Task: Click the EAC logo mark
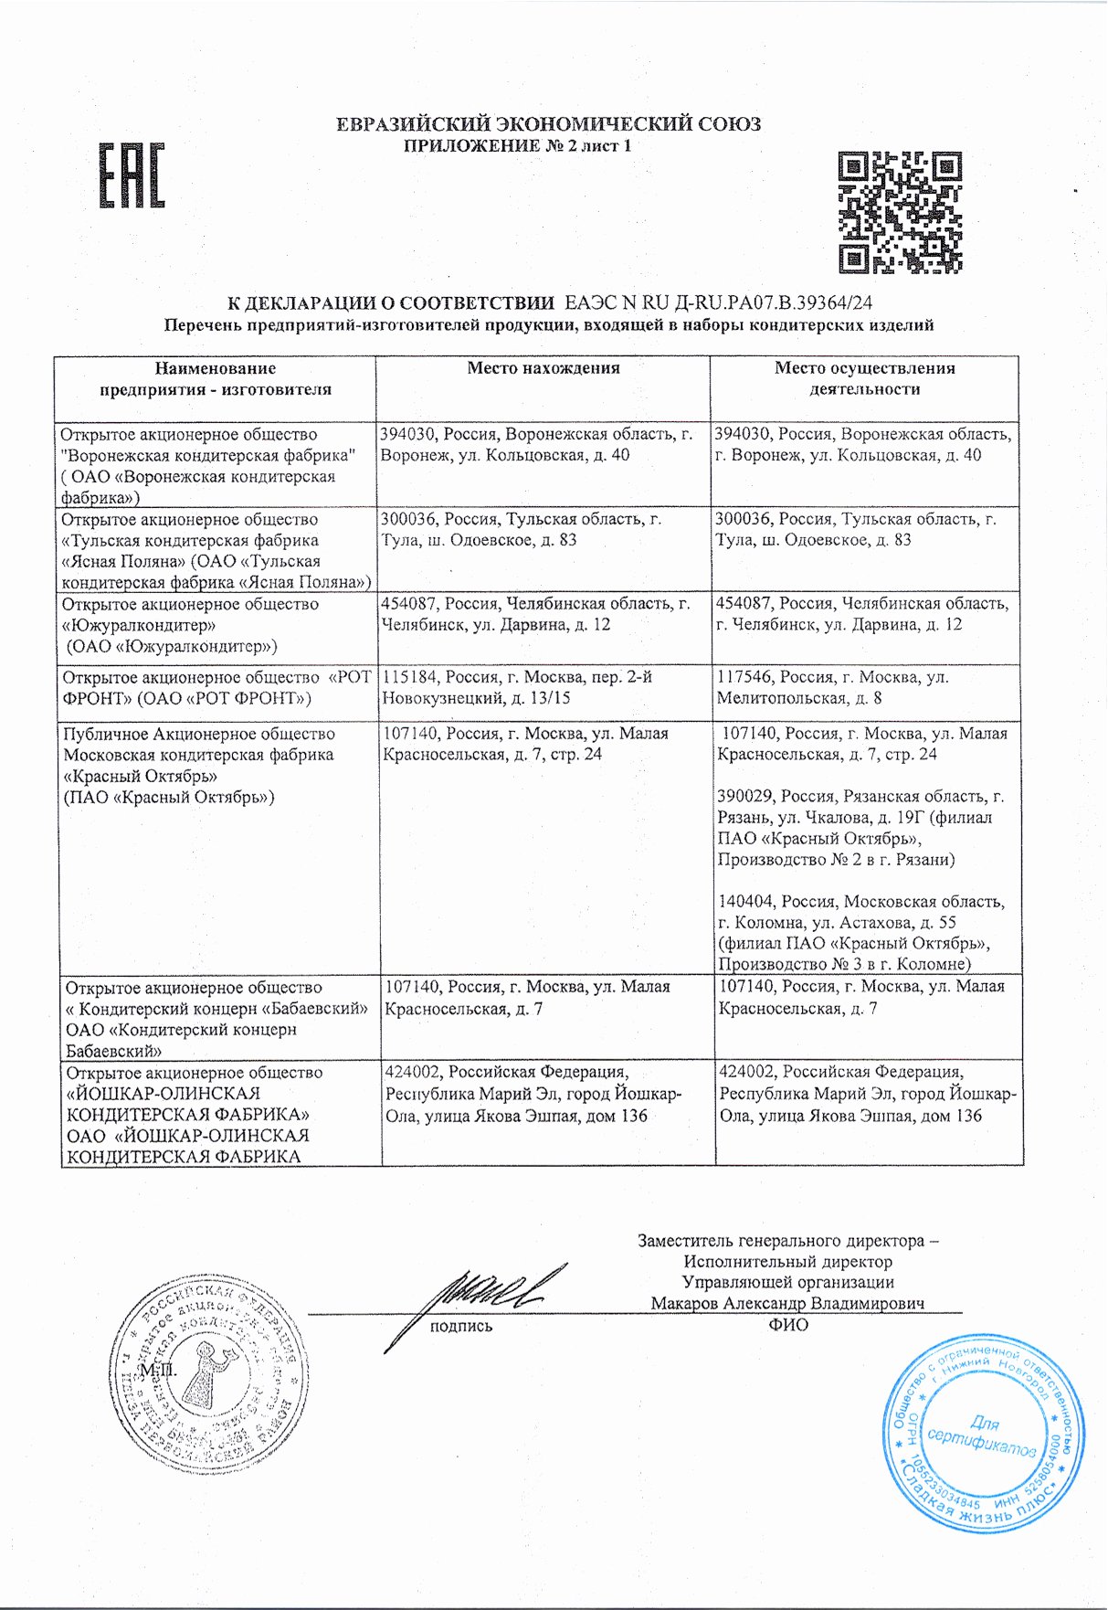click(x=132, y=175)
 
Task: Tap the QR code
click(x=900, y=212)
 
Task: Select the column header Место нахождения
click(x=543, y=368)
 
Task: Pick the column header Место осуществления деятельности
click(x=864, y=378)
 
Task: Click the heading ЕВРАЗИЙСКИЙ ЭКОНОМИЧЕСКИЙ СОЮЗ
click(x=548, y=124)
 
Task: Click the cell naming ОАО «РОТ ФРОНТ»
click(x=216, y=688)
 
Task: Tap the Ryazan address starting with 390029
click(x=860, y=828)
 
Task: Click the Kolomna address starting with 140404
click(x=860, y=932)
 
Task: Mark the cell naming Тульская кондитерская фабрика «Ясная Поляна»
click(x=216, y=551)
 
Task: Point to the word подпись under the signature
click(x=461, y=1326)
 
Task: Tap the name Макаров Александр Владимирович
click(x=787, y=1303)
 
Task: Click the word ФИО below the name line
click(x=788, y=1325)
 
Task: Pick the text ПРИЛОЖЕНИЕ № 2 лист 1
click(x=517, y=146)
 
